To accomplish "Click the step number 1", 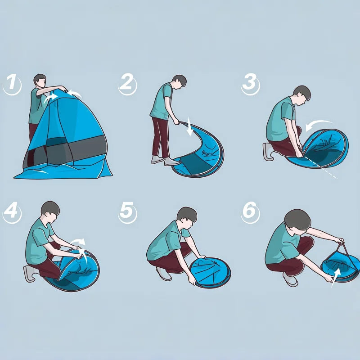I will point(12,84).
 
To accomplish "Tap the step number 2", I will point(127,84).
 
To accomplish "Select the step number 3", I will point(250,84).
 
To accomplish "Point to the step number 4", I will point(12,212).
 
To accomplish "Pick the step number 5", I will point(127,212).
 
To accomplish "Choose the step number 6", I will point(250,212).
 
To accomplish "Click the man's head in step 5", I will point(186,216).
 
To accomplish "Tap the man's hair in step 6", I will point(297,218).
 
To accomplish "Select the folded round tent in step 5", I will point(209,272).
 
